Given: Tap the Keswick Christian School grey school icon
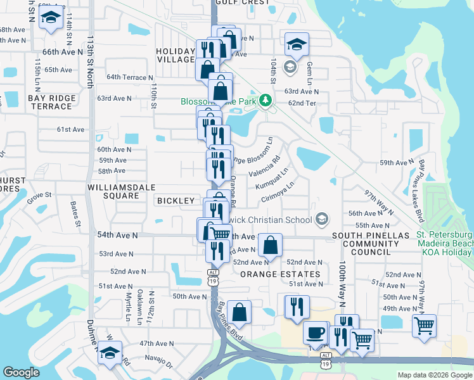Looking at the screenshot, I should [x=322, y=219].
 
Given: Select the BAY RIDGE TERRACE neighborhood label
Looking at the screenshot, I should [x=52, y=102].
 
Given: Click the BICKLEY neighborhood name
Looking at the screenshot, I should [x=176, y=201].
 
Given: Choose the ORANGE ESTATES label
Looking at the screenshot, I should [x=280, y=274].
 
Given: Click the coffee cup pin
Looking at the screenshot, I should [x=315, y=333].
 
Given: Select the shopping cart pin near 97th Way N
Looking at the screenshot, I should [x=424, y=326].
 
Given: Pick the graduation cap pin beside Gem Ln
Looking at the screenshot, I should [x=297, y=44].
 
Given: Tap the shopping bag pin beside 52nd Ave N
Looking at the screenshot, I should [x=270, y=246].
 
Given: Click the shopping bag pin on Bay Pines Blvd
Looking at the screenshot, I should [x=239, y=312].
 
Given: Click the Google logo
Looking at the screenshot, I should [x=22, y=372].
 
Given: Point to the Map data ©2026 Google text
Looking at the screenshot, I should [x=434, y=375].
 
